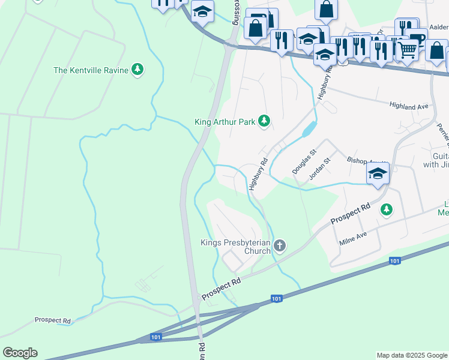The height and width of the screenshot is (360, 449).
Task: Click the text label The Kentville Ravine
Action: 91,70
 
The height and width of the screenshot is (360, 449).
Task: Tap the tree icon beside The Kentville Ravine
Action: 138,70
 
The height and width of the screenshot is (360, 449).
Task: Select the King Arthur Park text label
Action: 225,122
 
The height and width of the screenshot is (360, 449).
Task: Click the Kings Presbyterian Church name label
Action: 235,247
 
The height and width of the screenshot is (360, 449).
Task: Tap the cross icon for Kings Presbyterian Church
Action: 279,245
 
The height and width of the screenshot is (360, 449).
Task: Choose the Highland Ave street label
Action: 409,106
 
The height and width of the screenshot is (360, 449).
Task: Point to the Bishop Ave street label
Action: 360,161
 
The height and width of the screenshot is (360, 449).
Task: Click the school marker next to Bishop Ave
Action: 378,174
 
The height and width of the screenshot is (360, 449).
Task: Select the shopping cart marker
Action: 408,50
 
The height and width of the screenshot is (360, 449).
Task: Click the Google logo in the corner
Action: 20,353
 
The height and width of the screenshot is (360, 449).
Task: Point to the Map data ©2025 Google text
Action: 412,355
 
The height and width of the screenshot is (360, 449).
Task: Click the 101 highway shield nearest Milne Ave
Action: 394,260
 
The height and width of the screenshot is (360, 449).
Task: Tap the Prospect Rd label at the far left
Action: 52,320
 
